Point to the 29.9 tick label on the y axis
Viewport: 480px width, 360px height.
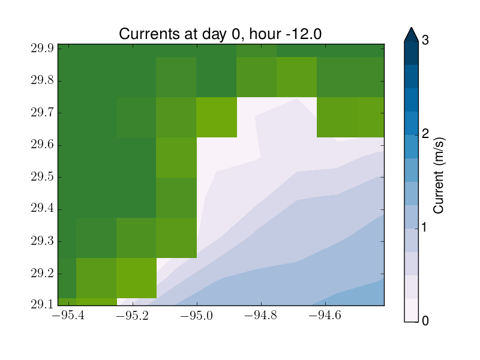click(x=42, y=49)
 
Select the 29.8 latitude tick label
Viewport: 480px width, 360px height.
click(x=42, y=80)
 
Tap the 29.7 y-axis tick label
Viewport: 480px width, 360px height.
click(x=42, y=113)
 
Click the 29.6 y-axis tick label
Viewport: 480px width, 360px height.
click(x=42, y=145)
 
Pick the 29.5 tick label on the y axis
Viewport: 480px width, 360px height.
click(x=42, y=177)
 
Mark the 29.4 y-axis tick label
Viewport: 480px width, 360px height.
click(x=42, y=209)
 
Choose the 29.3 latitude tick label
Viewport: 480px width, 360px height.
click(x=42, y=241)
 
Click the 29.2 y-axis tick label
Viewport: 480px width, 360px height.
click(x=42, y=273)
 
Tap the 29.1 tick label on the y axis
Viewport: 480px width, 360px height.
click(x=42, y=305)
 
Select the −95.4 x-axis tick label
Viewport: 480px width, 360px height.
click(x=68, y=316)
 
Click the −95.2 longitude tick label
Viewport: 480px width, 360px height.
click(x=133, y=316)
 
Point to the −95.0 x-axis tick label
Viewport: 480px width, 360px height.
click(x=197, y=316)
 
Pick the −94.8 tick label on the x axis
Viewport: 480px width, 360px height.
click(x=261, y=316)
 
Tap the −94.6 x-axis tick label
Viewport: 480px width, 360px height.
click(x=325, y=316)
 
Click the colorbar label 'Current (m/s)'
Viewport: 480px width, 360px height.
click(x=439, y=176)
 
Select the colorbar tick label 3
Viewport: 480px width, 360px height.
click(x=425, y=40)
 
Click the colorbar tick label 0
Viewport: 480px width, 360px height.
click(x=425, y=321)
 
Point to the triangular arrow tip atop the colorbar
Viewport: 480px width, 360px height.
click(x=411, y=28)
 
